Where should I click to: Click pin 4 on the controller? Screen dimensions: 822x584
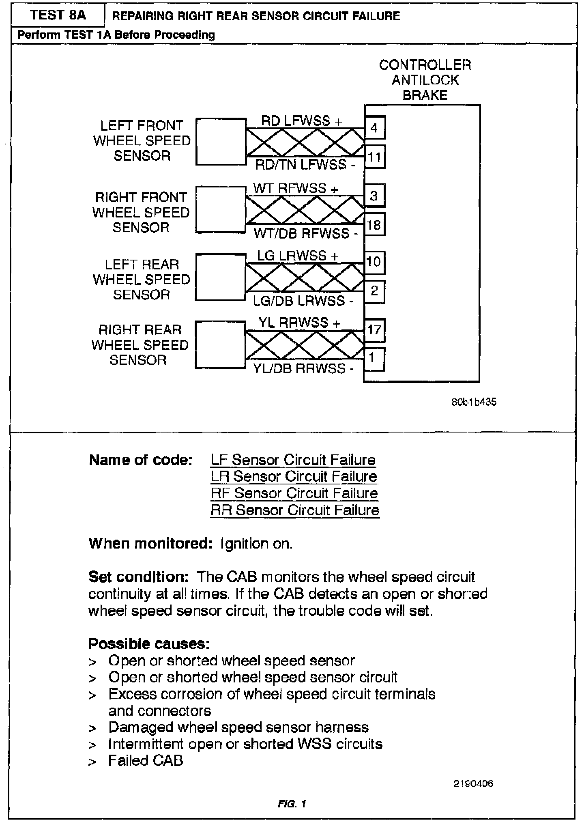pyautogui.click(x=374, y=128)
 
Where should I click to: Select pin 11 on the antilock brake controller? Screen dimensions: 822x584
pyautogui.click(x=374, y=157)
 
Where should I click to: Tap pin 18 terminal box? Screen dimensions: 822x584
pyautogui.click(x=374, y=224)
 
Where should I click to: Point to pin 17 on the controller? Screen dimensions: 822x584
pyautogui.click(x=374, y=329)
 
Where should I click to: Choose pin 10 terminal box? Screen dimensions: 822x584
pyautogui.click(x=374, y=262)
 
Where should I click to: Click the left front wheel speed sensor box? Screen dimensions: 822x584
pyautogui.click(x=221, y=142)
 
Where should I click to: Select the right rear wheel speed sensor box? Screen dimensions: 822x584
pyautogui.click(x=221, y=345)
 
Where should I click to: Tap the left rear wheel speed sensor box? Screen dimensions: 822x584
pyautogui.click(x=221, y=277)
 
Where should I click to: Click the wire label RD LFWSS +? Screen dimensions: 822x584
pyautogui.click(x=301, y=121)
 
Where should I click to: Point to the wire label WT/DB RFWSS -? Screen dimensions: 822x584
pyautogui.click(x=306, y=233)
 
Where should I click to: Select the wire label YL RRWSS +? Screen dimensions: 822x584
pyautogui.click(x=299, y=323)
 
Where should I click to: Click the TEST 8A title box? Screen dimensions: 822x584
pyautogui.click(x=58, y=15)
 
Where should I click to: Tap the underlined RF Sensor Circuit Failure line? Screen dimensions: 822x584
pyautogui.click(x=294, y=493)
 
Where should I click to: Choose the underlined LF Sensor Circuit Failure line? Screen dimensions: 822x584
pyautogui.click(x=293, y=460)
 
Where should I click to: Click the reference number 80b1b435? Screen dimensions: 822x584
pyautogui.click(x=474, y=402)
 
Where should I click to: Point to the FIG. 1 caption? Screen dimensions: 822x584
pyautogui.click(x=292, y=804)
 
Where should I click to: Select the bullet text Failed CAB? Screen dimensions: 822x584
pyautogui.click(x=146, y=760)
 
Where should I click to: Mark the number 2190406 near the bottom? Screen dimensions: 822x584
pyautogui.click(x=473, y=783)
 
